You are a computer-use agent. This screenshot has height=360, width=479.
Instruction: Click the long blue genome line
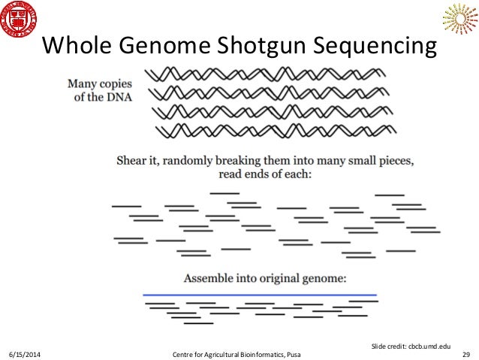[259, 294]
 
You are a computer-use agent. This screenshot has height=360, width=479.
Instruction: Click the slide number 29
[465, 352]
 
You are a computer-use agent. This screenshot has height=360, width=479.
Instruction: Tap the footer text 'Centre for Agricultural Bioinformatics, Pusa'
[240, 352]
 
